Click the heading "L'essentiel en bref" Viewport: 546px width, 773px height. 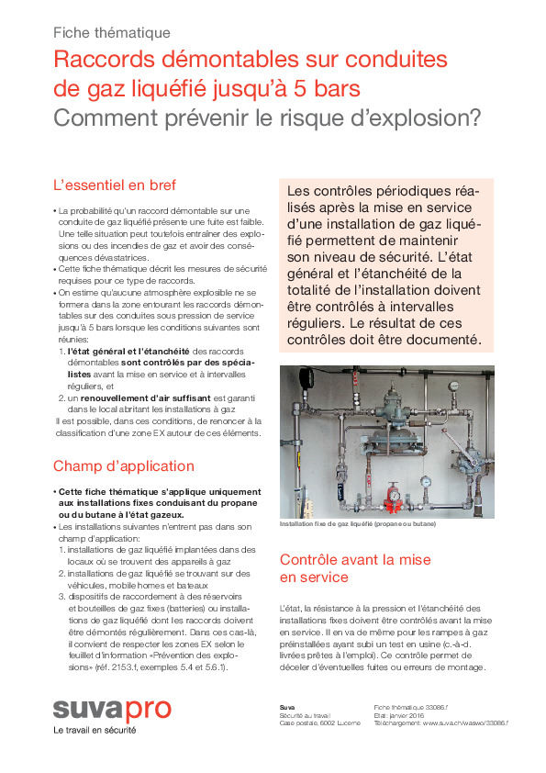pyautogui.click(x=115, y=185)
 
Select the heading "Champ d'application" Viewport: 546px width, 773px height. pyautogui.click(x=124, y=465)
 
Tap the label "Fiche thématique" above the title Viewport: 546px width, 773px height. pyautogui.click(x=112, y=33)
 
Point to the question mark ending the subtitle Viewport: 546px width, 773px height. pyautogui.click(x=475, y=118)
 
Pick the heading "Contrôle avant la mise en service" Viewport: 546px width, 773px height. pyautogui.click(x=342, y=567)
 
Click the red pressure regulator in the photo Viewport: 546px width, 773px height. pyautogui.click(x=394, y=496)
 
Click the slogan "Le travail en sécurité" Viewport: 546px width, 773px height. pyautogui.click(x=95, y=731)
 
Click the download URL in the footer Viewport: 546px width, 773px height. pyautogui.click(x=440, y=723)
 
